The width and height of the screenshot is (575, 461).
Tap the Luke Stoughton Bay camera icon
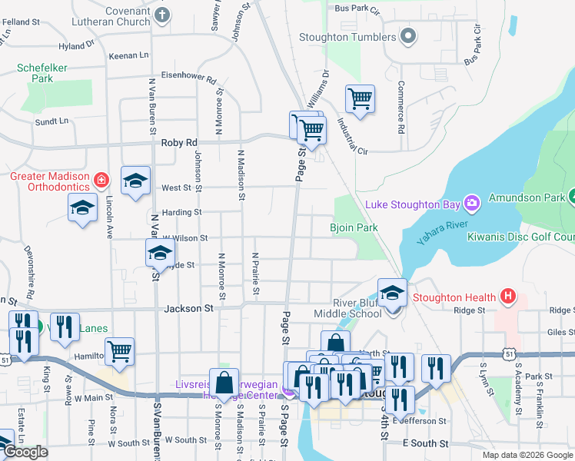(x=472, y=204)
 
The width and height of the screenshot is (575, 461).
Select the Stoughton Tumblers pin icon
(x=409, y=36)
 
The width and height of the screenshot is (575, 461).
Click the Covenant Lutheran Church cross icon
(x=161, y=15)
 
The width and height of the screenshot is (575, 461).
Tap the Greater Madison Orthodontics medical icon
(x=101, y=181)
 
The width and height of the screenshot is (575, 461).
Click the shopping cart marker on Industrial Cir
(x=360, y=98)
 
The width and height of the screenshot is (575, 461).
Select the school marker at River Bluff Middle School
(x=392, y=294)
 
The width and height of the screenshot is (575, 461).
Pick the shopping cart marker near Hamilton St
(x=119, y=351)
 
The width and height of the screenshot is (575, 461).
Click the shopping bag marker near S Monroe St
(x=223, y=383)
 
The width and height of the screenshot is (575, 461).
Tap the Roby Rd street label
(x=179, y=143)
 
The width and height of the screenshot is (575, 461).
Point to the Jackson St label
(x=188, y=308)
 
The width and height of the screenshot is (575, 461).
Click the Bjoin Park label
(x=354, y=227)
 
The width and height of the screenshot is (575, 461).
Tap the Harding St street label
(x=181, y=212)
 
